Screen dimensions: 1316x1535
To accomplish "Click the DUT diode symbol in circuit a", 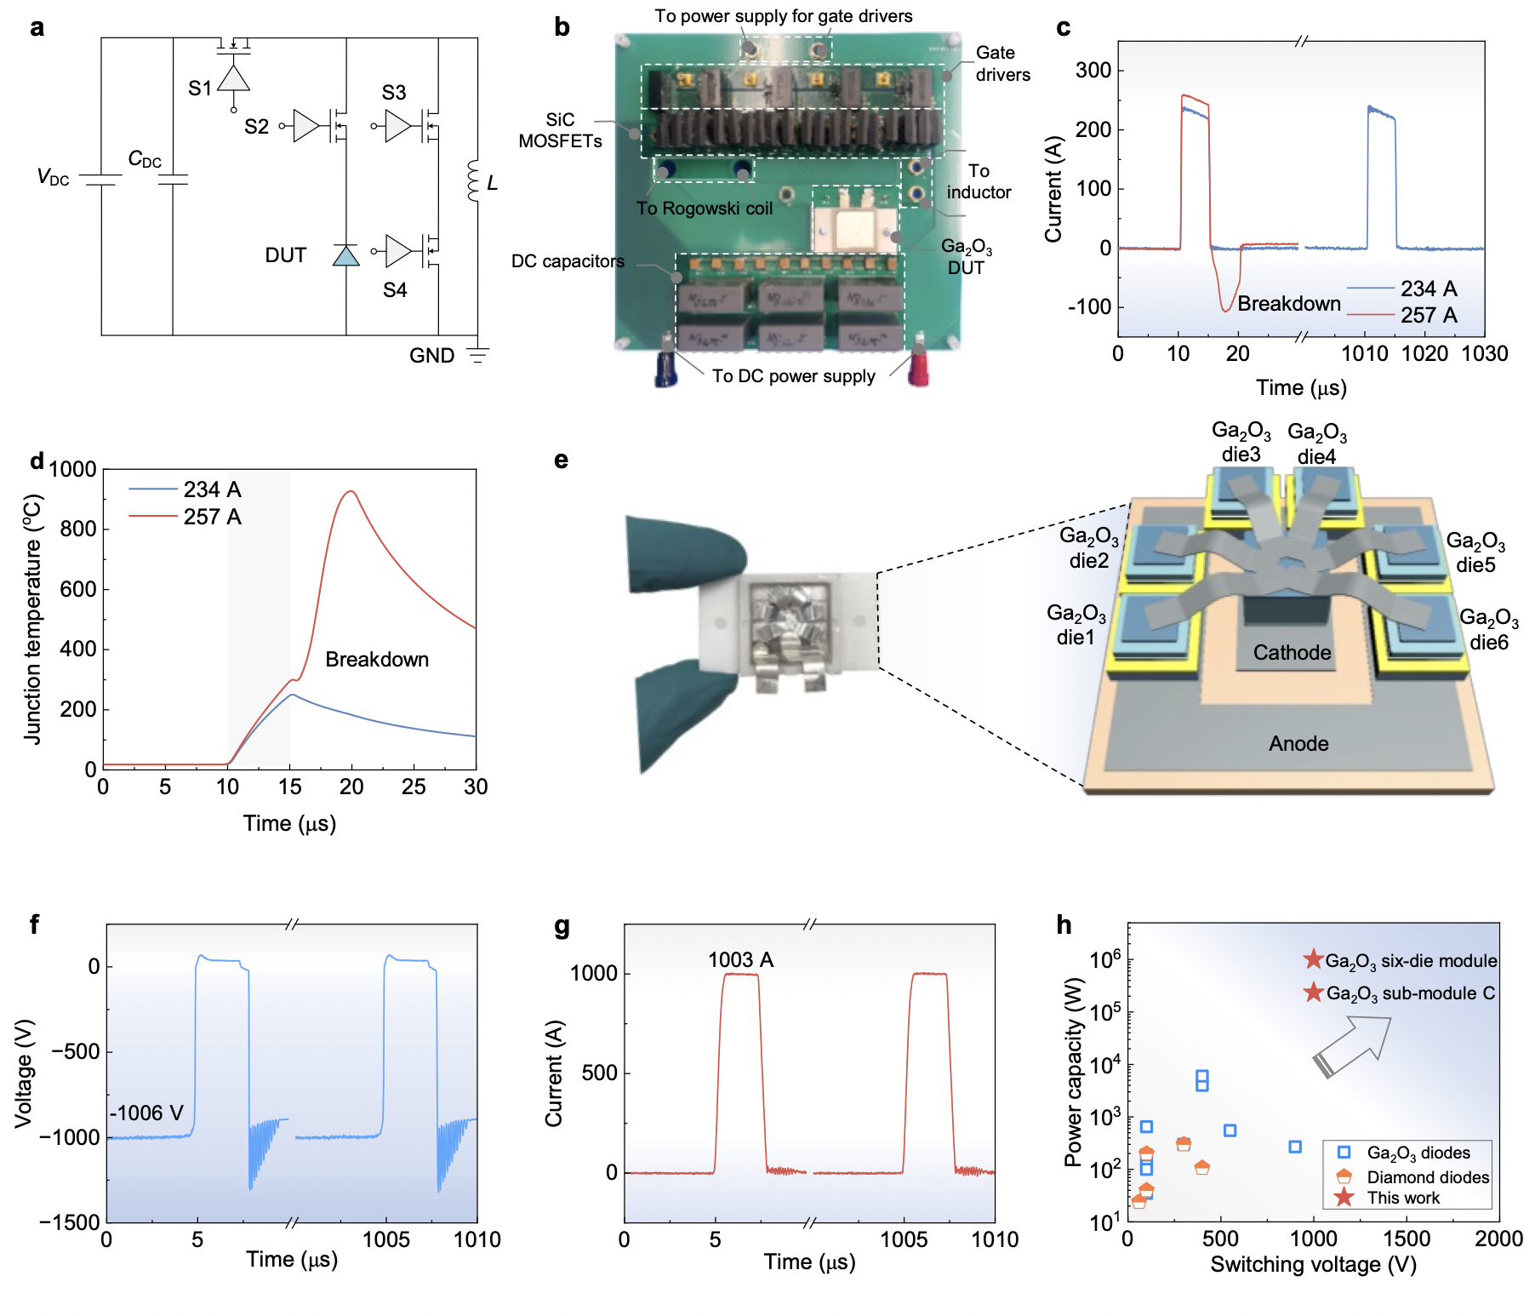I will (345, 255).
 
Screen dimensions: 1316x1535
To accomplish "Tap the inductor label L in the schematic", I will (492, 183).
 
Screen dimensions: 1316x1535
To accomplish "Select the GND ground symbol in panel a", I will (478, 355).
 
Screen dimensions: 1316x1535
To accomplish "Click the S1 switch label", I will (199, 89).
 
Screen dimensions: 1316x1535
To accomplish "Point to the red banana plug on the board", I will (919, 368).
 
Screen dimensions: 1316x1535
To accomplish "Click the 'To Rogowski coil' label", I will (705, 209).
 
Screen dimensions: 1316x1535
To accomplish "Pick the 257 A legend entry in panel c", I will (1429, 315).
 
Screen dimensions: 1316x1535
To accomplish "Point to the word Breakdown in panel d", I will (377, 660).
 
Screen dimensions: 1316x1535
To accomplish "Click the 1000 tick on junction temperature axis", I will (73, 469).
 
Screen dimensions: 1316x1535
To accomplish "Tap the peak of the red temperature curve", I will (351, 491).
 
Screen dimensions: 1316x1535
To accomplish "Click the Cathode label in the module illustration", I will (1292, 653).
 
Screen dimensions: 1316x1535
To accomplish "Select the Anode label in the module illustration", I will (1298, 744).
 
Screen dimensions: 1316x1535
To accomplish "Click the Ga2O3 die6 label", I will (1488, 630).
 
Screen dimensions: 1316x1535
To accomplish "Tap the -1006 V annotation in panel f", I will (147, 1113).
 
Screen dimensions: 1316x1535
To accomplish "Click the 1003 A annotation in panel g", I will (740, 960).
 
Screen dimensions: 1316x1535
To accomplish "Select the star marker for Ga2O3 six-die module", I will (1313, 960).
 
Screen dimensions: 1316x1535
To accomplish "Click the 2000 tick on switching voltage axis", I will (1498, 1239).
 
